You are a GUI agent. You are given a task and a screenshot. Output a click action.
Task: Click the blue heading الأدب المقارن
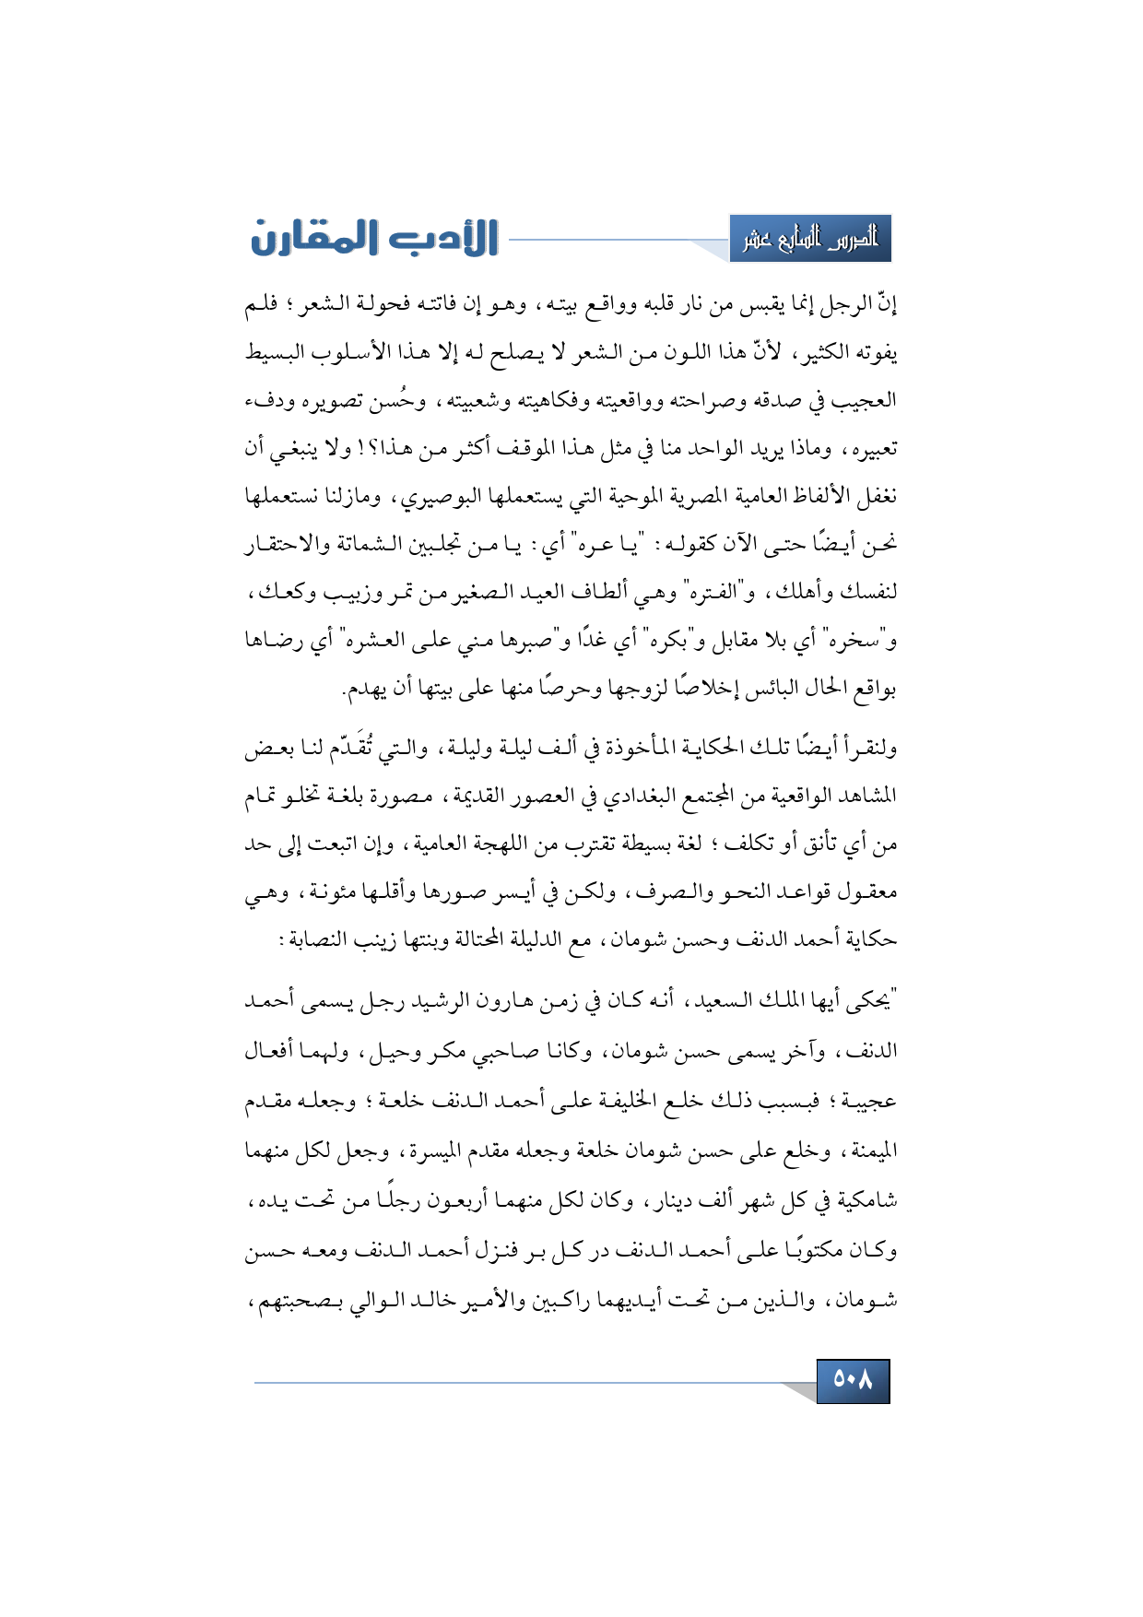tap(374, 238)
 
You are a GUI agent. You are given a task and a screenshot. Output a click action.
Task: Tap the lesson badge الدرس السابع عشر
tap(810, 240)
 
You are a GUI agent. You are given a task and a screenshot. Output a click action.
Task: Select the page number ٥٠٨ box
tap(853, 1380)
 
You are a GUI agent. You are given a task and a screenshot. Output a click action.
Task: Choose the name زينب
tap(375, 939)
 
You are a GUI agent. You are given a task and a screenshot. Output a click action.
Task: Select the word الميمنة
tap(868, 1151)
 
